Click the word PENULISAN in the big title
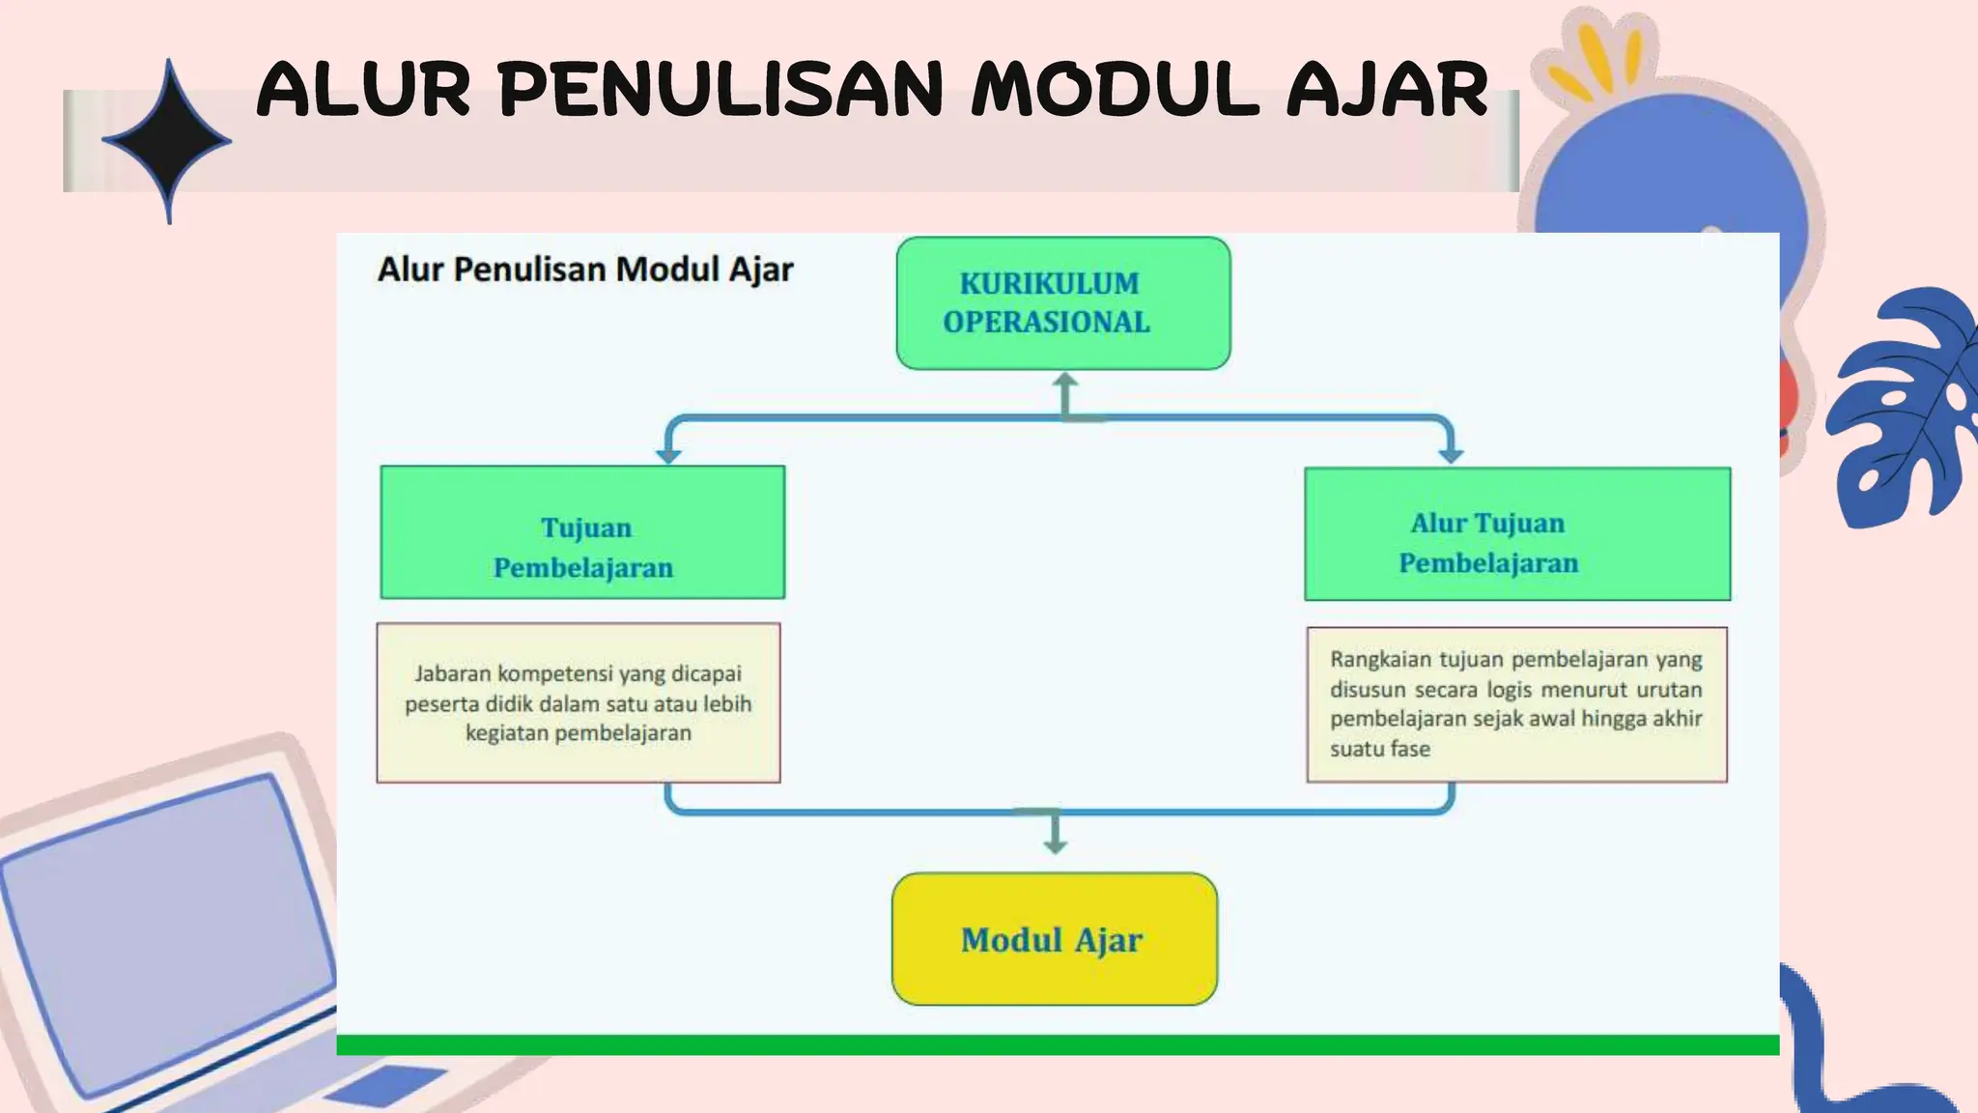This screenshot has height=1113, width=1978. coord(720,90)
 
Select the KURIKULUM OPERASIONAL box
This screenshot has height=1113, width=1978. coord(1062,302)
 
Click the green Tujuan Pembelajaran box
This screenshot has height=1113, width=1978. coord(582,532)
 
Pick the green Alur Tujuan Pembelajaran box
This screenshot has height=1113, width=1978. coord(1516,534)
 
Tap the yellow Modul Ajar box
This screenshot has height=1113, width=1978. coord(1054,939)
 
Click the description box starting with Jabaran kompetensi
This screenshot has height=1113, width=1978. coord(578,702)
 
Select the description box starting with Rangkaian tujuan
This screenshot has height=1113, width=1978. coord(1516,704)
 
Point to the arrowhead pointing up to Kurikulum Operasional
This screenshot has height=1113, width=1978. coord(1065,382)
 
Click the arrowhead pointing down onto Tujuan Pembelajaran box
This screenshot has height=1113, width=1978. coord(668,455)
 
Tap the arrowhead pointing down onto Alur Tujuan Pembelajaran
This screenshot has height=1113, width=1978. coord(1451,455)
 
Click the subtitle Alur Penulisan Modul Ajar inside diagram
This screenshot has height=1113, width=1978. coord(584,269)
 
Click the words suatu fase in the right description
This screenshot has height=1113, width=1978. coord(1379,749)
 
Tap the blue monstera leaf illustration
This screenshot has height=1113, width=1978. coord(1907,406)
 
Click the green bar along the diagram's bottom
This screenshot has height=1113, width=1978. coord(1057,1044)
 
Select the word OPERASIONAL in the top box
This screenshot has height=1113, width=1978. coord(1046,322)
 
